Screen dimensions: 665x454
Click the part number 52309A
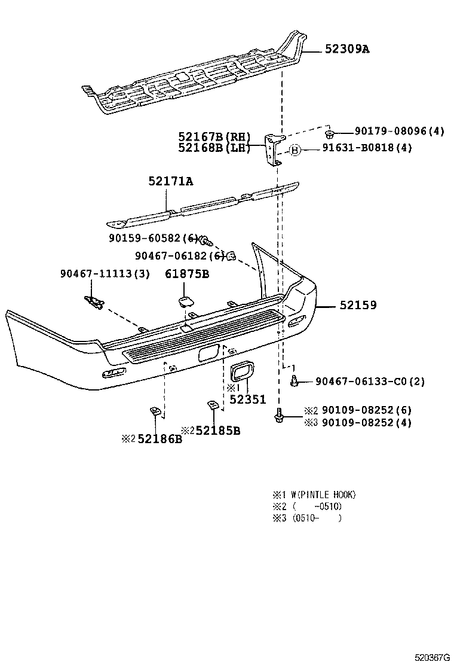coord(347,49)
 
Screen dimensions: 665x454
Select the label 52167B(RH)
coord(214,137)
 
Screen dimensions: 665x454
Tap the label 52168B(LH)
coord(214,148)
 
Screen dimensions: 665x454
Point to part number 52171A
coord(171,181)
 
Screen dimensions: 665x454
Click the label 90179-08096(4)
coord(399,132)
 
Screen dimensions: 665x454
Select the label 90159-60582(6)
coord(154,238)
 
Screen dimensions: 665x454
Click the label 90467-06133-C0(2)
coord(370,381)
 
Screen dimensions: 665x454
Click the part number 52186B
coord(159,440)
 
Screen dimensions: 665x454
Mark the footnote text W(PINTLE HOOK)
coord(323,495)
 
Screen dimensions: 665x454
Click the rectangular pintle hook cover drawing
coord(241,371)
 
